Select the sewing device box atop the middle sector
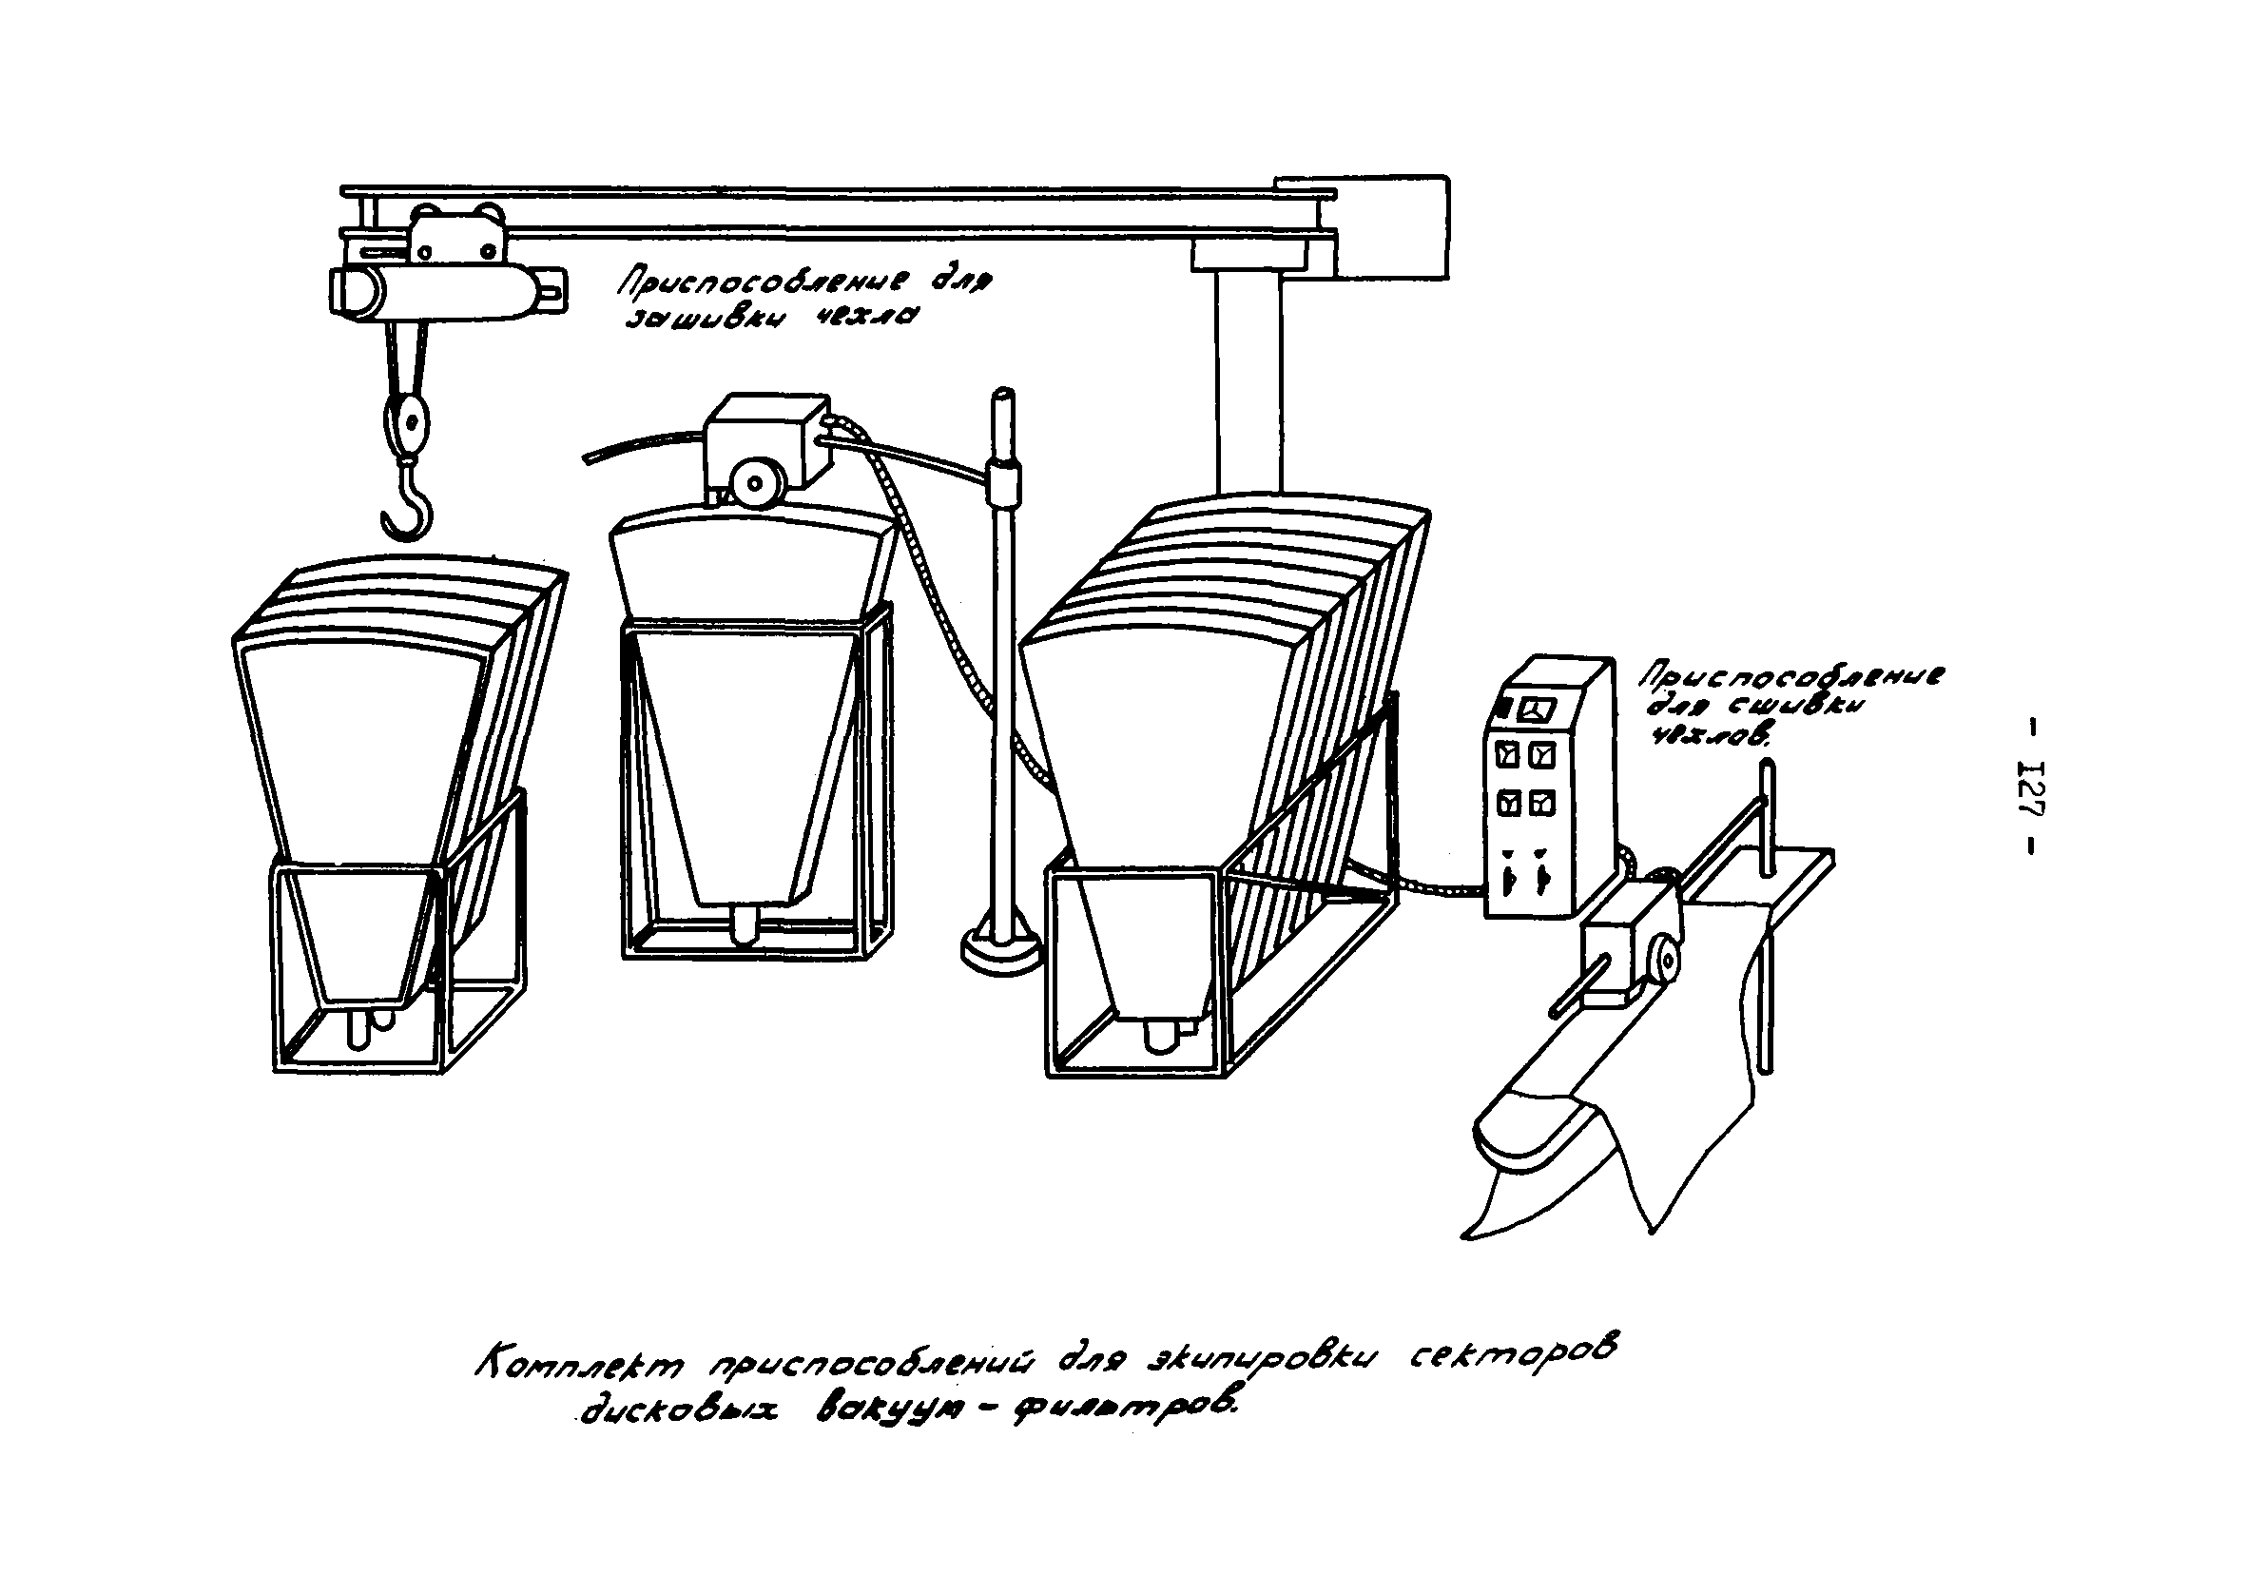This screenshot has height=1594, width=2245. pos(768,432)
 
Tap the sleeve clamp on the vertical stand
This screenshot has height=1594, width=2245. pos(1004,481)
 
